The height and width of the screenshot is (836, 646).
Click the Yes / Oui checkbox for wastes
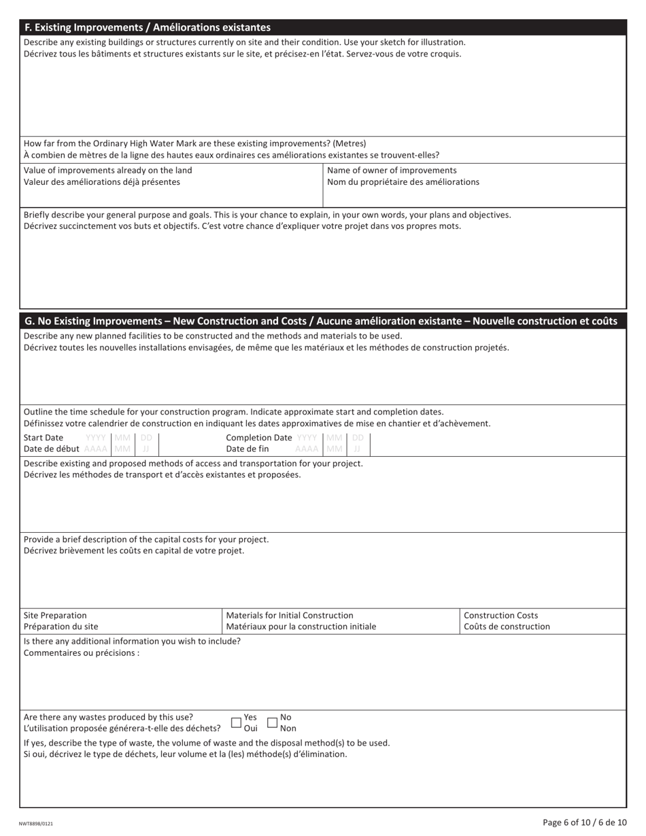pos(236,722)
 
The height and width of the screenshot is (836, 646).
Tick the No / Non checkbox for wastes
pos(272,722)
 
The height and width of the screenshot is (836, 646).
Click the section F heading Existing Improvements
pos(147,27)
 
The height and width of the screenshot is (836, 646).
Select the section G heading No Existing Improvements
pos(320,321)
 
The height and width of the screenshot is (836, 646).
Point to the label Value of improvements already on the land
pos(107,170)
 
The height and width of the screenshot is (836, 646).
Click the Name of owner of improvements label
pos(392,170)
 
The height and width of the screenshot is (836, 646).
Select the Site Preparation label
pos(55,615)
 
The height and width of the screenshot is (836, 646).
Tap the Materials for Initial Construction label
pos(290,615)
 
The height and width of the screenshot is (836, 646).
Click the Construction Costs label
pos(500,615)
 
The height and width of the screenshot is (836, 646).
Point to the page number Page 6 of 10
pos(584,822)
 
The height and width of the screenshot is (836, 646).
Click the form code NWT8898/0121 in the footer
pos(36,823)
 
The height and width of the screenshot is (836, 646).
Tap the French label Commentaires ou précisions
pos(81,653)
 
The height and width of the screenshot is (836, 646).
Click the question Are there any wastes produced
pos(108,717)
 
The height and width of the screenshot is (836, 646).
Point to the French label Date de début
pos(52,449)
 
